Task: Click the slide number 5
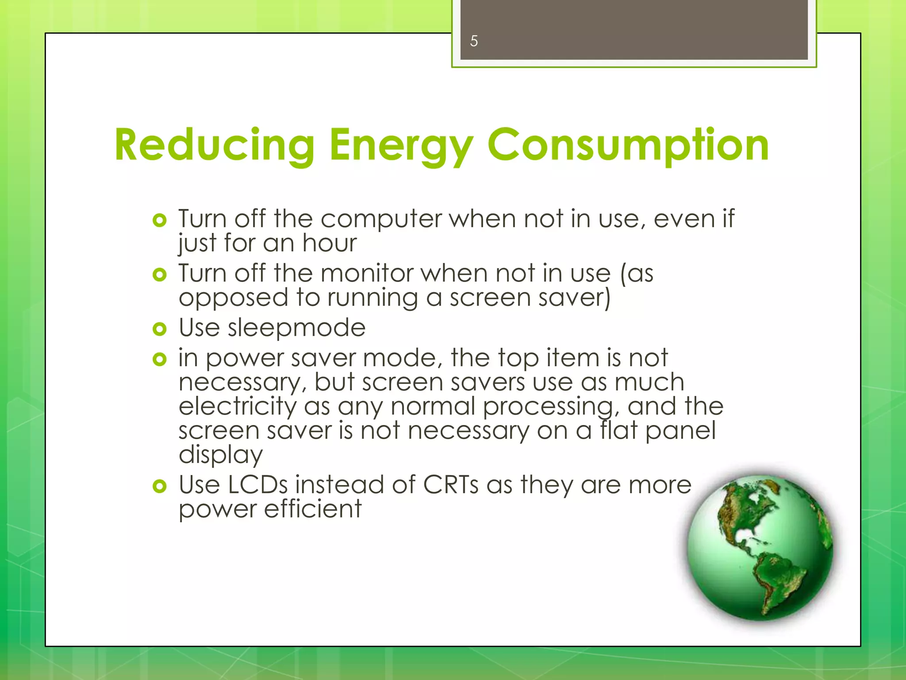pos(474,41)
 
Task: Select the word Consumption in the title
pos(628,145)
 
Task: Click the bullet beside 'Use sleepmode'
pos(159,329)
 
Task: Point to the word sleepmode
pos(296,328)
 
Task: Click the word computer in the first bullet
pos(381,219)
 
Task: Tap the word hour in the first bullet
pos(329,243)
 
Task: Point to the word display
pos(221,455)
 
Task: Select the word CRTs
pos(451,485)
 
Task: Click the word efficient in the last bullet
pos(313,509)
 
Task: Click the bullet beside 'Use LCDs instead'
pos(159,487)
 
